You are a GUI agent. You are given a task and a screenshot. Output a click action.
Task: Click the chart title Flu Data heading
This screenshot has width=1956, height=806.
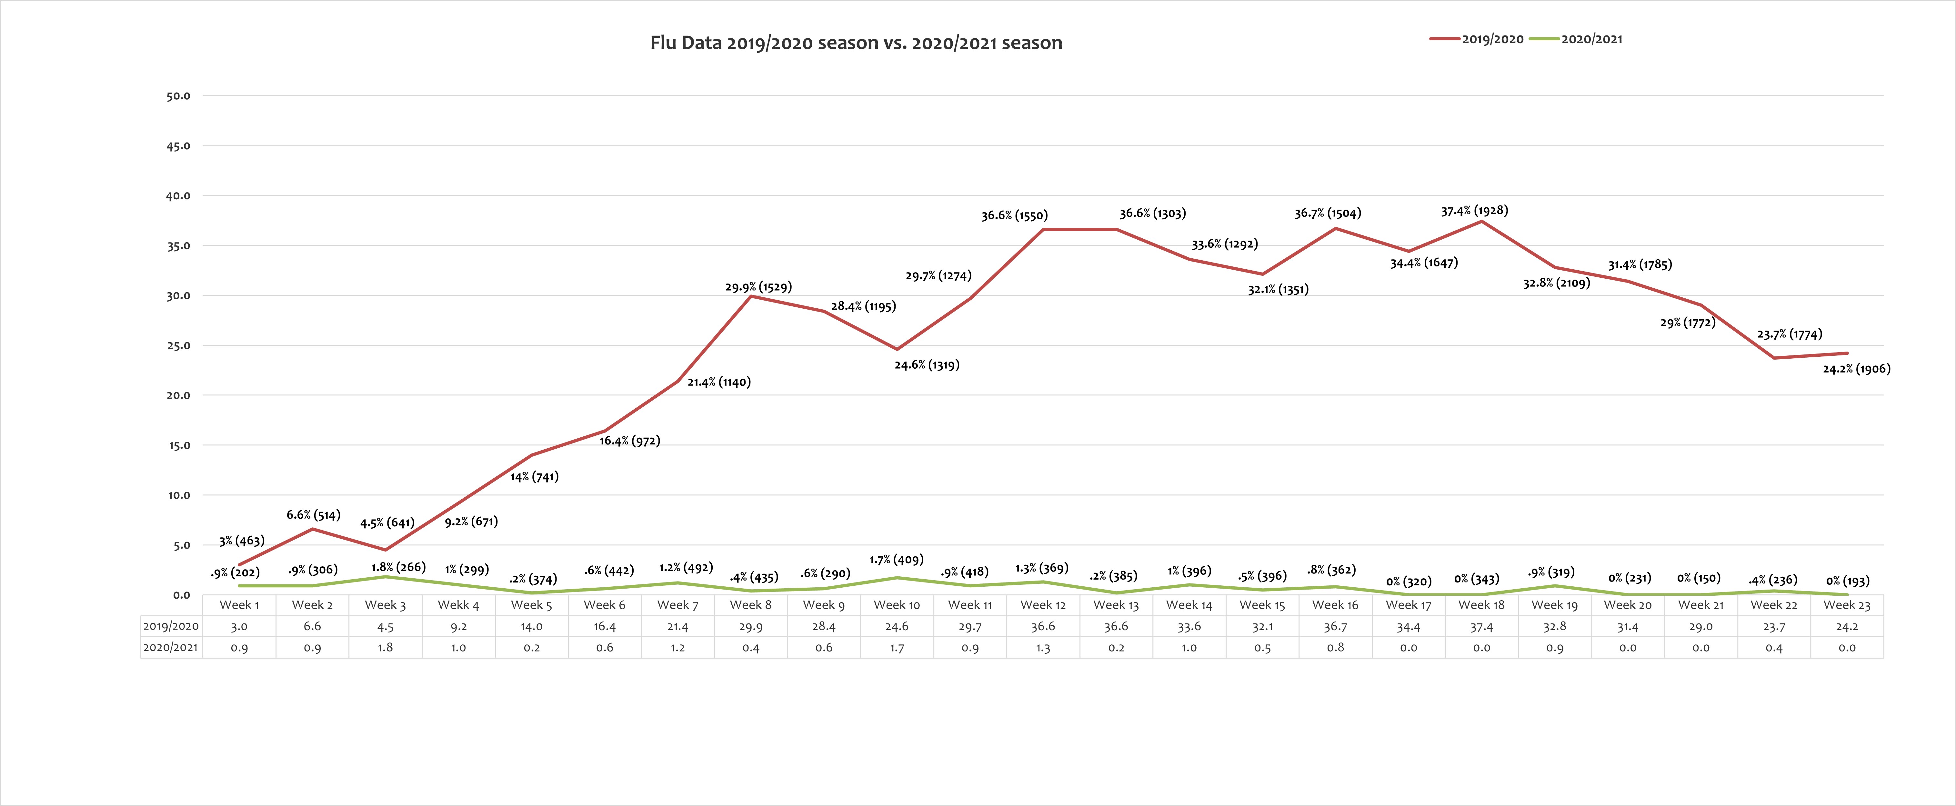click(x=856, y=43)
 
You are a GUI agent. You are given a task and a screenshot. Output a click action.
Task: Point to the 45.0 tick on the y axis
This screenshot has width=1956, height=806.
click(x=178, y=146)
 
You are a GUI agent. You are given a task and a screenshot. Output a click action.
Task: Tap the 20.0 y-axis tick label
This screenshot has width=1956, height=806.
click(x=178, y=395)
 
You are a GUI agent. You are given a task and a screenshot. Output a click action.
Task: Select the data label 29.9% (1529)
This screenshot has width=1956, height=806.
click(x=758, y=287)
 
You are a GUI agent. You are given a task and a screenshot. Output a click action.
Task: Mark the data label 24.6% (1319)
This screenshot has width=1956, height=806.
click(x=926, y=365)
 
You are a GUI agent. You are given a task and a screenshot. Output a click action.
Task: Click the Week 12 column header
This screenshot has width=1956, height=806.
click(x=1043, y=605)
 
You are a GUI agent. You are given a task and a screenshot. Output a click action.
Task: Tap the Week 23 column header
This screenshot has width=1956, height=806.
click(x=1847, y=605)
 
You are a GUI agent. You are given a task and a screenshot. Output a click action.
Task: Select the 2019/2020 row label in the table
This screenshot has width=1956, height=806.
click(x=171, y=626)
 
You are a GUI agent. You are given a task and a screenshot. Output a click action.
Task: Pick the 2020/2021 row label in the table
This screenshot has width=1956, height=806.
click(x=171, y=647)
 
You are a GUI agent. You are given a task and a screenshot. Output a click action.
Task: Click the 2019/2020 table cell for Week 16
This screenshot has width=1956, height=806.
click(x=1335, y=626)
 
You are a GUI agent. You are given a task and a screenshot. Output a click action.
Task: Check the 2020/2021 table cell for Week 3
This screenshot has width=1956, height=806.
click(x=385, y=647)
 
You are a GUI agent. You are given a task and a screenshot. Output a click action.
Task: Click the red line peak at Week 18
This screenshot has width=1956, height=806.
click(x=1481, y=221)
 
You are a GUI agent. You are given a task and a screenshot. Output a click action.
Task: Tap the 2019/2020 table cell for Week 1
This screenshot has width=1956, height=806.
click(x=239, y=626)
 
